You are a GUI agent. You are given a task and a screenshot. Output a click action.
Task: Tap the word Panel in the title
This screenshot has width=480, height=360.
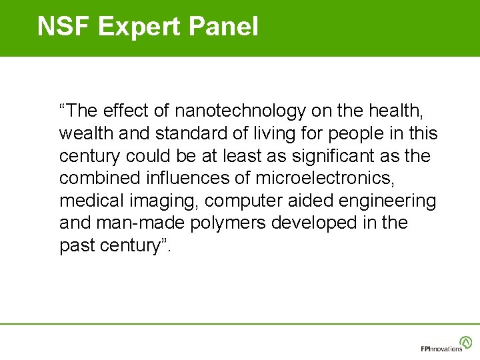[x=224, y=27]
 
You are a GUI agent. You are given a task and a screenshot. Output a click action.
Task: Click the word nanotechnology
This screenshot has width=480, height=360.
[x=249, y=110]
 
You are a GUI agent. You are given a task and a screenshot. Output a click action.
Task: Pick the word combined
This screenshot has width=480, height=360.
[x=99, y=178]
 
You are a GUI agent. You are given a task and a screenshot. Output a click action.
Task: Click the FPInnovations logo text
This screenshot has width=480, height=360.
[x=441, y=349]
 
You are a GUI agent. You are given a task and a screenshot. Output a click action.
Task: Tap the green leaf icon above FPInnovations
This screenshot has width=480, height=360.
[x=465, y=341]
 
